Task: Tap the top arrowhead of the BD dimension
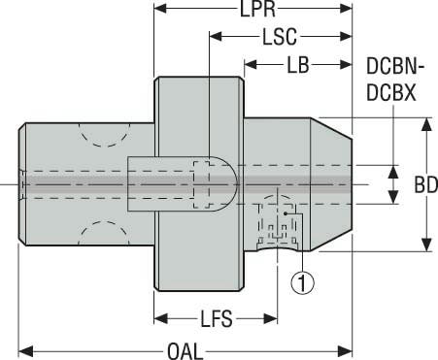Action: tap(424, 123)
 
